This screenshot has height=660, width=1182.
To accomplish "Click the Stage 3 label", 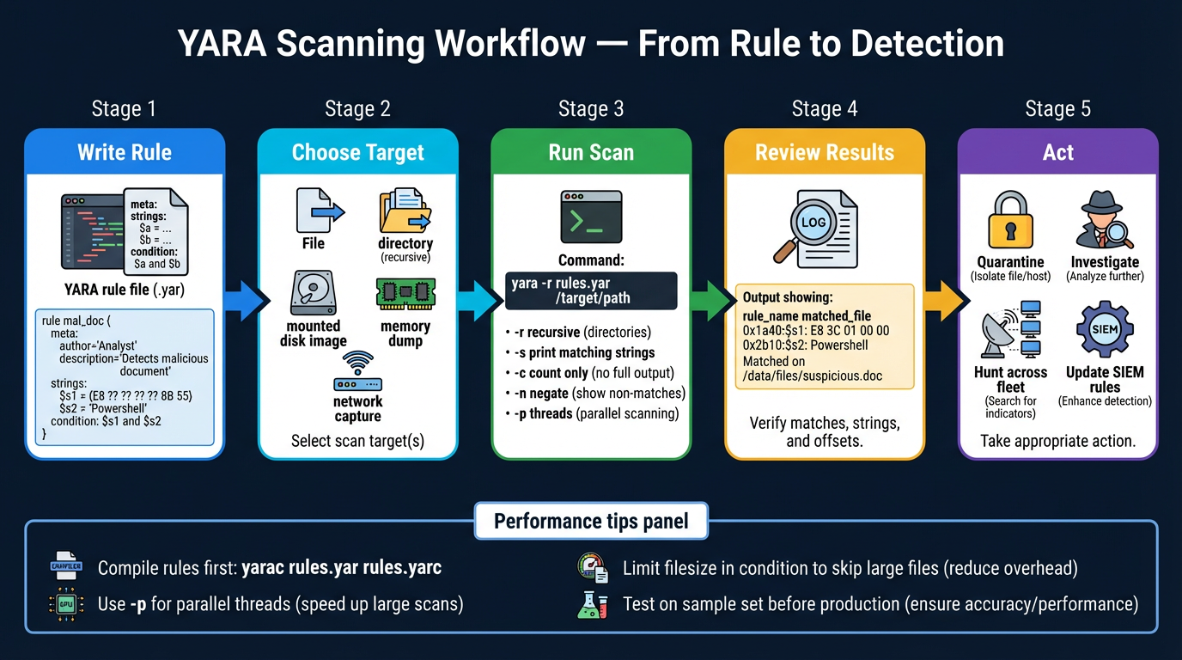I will [x=591, y=109].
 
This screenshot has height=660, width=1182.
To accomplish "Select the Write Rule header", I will [x=125, y=152].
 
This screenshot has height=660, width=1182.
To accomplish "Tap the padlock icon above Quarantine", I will [x=1010, y=220].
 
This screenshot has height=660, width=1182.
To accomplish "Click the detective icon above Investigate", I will [x=1105, y=220].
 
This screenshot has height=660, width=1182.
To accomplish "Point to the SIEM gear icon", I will [x=1105, y=330].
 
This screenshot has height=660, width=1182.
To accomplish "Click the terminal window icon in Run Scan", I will [x=591, y=217].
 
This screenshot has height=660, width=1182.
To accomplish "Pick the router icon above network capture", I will [x=358, y=374].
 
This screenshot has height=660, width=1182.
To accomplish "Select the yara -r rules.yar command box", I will [x=591, y=290].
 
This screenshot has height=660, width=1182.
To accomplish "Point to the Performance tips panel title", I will [x=591, y=522].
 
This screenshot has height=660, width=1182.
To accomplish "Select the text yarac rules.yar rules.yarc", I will [x=342, y=568].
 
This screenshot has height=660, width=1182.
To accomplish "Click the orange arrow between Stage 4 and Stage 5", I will [x=941, y=301].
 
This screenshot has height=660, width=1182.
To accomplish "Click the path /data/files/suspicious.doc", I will [x=813, y=376].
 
